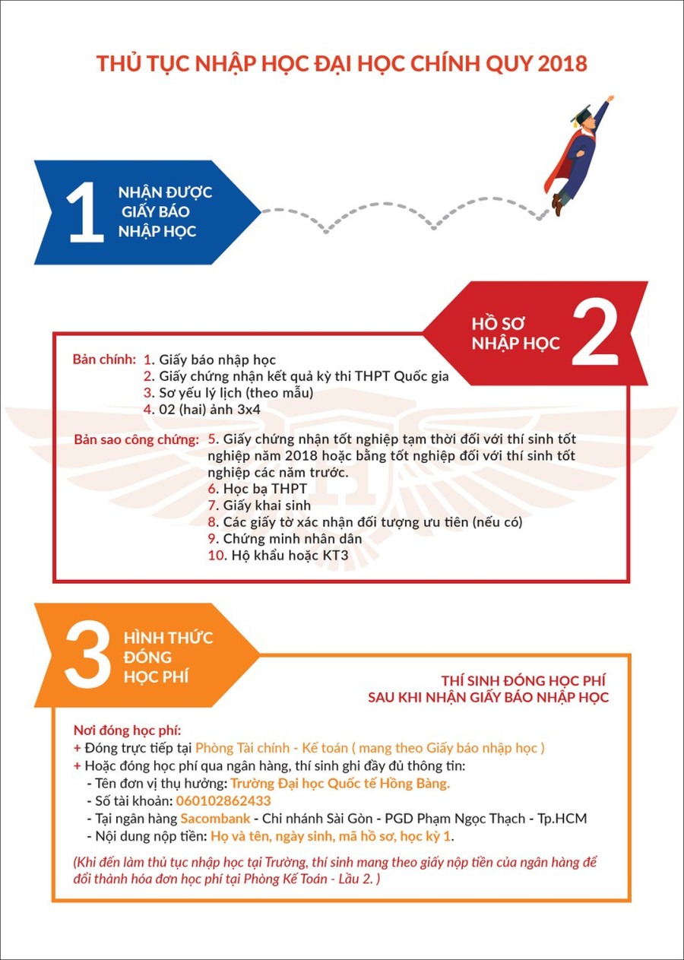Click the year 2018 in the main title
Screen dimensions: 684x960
[562, 64]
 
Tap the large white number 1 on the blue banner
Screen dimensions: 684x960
[86, 212]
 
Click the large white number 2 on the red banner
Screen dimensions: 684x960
[595, 334]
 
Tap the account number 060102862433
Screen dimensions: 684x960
[223, 800]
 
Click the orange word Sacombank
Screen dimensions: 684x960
[215, 818]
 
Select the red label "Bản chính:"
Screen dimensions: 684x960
[104, 359]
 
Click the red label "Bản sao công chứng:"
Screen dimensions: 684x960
[137, 439]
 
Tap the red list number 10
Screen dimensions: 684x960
[217, 556]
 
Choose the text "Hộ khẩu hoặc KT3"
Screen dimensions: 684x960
[290, 556]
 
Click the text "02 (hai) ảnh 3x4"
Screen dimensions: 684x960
[210, 409]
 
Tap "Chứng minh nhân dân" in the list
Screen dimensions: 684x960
[293, 539]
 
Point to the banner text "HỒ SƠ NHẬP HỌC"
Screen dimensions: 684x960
[515, 334]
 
